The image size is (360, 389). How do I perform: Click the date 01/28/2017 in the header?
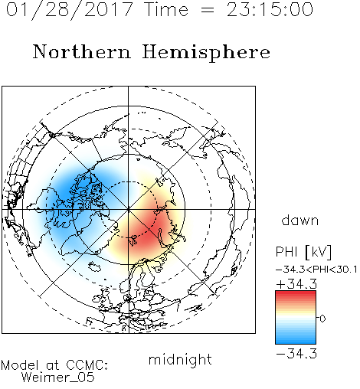coord(70,10)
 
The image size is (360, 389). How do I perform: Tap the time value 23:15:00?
coord(270,9)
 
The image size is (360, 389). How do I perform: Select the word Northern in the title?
coord(82,52)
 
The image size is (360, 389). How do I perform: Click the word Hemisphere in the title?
coord(206,53)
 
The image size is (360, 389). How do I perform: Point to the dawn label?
coord(300,220)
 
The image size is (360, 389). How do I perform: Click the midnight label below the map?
coord(180,359)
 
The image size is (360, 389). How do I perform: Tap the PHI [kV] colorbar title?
coord(303,252)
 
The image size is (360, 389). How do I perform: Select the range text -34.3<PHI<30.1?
coord(316,270)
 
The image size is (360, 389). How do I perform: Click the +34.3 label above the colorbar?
coord(296,284)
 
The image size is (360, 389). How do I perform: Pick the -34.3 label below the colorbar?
coord(296,354)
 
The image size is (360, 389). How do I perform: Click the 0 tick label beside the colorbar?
coord(322,319)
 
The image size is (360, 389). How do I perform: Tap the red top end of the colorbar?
coord(296,293)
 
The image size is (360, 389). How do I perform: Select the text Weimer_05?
coord(58,378)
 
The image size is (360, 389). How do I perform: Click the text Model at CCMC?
coord(54,365)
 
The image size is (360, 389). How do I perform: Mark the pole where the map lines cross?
coord(129,209)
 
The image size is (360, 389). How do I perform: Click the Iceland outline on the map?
coord(95,266)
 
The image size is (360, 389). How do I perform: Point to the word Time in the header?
coord(166,9)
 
